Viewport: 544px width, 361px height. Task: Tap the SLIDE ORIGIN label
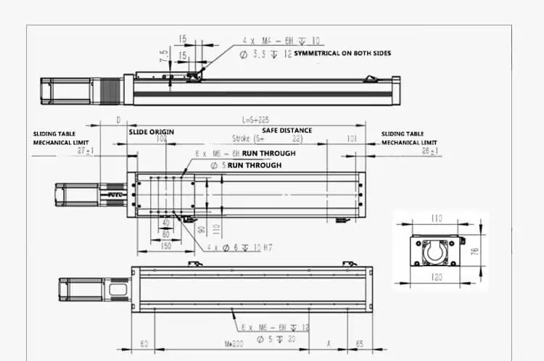pyautogui.click(x=152, y=132)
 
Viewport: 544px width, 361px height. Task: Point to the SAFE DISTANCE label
pyautogui.click(x=287, y=130)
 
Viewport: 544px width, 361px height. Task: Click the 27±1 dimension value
pyautogui.click(x=85, y=149)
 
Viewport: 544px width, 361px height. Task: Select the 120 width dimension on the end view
pyautogui.click(x=437, y=277)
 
